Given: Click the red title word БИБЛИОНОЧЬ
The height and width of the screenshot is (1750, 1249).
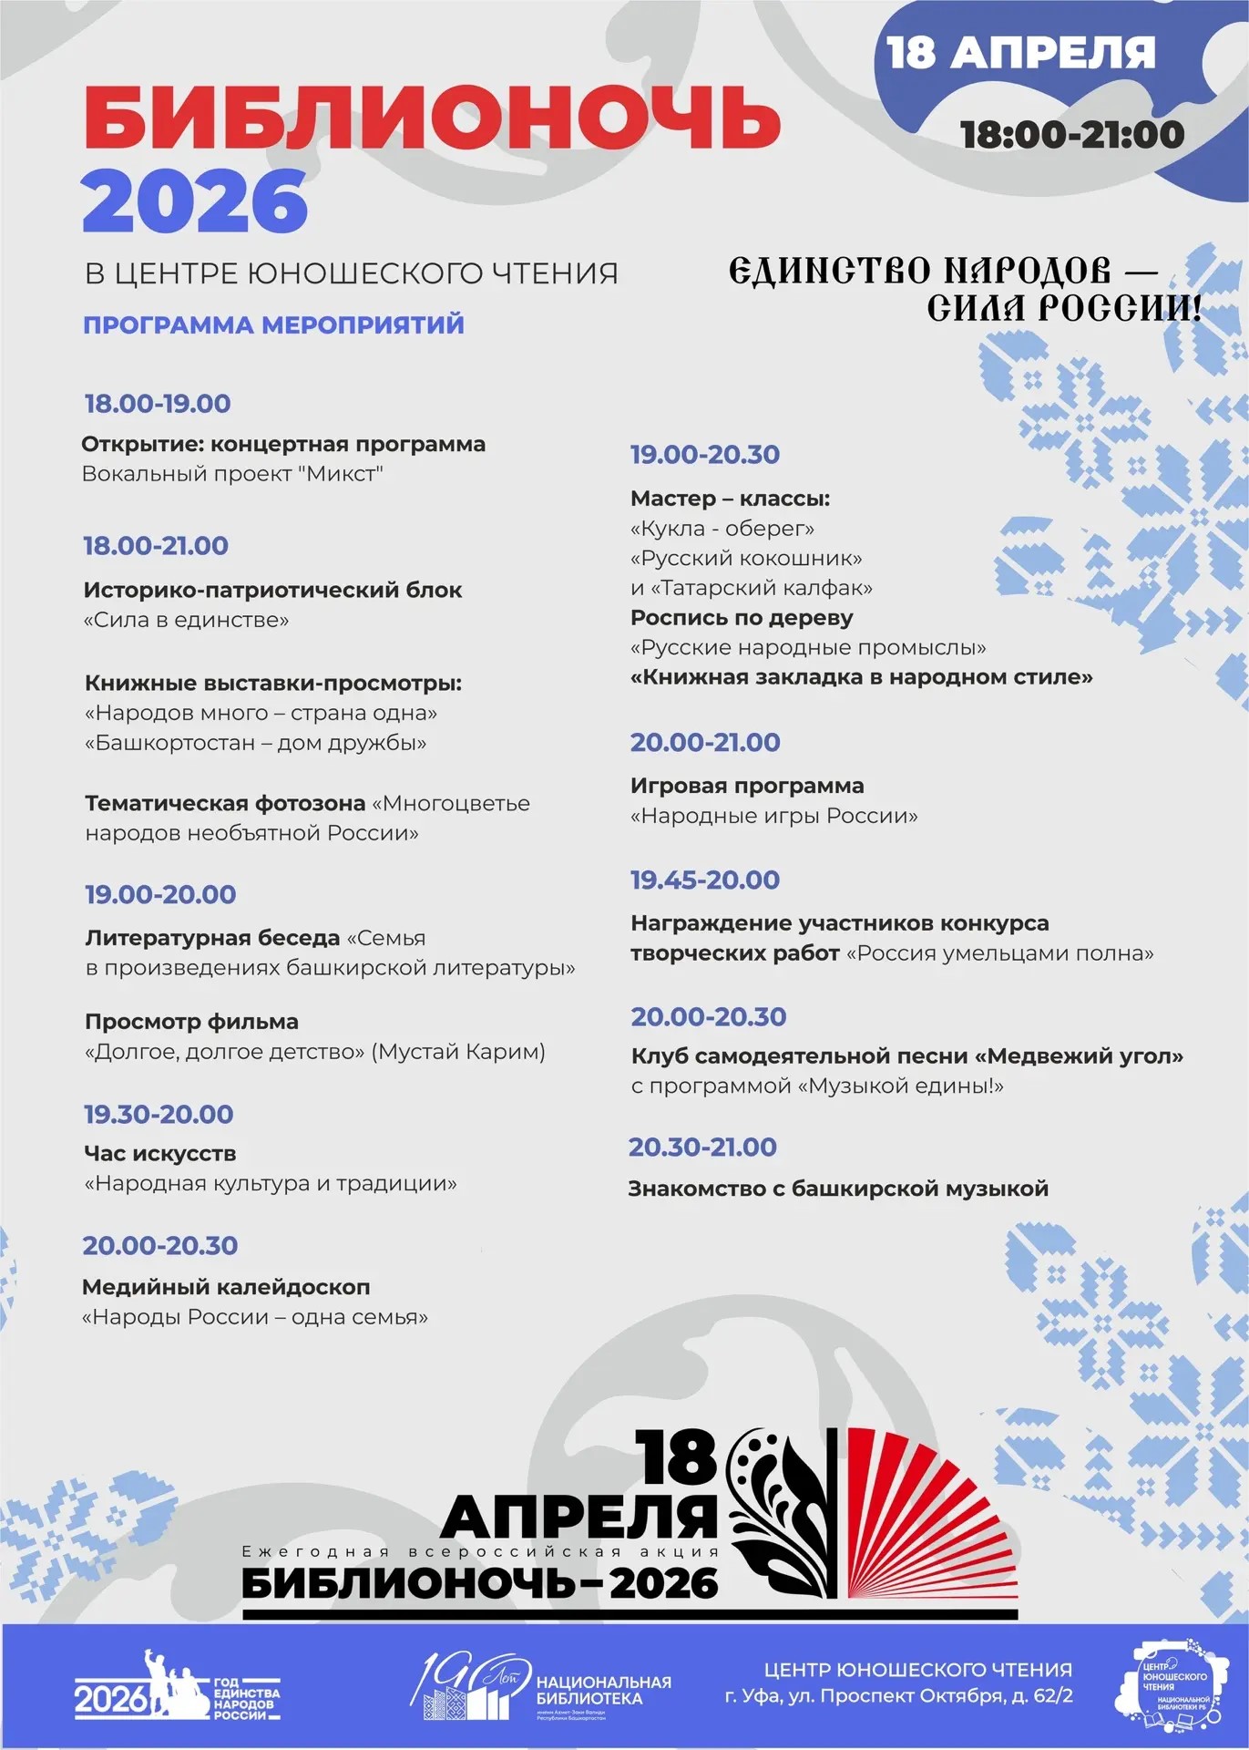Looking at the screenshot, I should click(x=432, y=118).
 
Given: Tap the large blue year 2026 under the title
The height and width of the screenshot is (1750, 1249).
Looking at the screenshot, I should click(x=195, y=201).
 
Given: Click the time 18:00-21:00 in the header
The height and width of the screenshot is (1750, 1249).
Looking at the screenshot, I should click(x=1072, y=135).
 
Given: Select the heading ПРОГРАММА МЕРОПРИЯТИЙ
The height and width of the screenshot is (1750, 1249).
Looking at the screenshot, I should click(x=273, y=324).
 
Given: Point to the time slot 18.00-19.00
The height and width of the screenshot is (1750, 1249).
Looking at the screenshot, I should click(x=158, y=404).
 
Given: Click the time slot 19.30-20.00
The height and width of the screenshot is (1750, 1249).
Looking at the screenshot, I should click(x=159, y=1114).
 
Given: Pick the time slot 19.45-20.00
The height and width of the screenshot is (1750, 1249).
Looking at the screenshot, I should click(x=705, y=880).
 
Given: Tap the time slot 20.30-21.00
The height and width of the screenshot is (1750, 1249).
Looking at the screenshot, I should click(x=702, y=1147).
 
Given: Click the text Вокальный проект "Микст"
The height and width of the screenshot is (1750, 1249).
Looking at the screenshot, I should click(x=232, y=474).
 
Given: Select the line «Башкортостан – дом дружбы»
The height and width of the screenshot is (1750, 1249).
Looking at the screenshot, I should click(x=255, y=743).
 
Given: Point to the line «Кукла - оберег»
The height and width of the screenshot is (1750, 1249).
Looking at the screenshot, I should click(x=722, y=529).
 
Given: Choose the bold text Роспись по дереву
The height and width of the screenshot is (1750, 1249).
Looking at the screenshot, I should click(x=742, y=618).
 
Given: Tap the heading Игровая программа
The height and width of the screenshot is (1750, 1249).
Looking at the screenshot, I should click(x=747, y=786).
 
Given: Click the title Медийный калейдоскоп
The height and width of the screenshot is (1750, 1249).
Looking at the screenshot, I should click(x=226, y=1287).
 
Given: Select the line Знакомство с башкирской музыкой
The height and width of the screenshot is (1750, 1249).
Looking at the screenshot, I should click(x=838, y=1189).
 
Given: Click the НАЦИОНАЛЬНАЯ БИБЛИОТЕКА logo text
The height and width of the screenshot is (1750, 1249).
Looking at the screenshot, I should click(x=603, y=1690).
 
